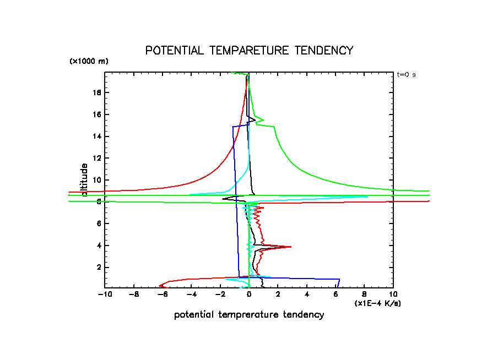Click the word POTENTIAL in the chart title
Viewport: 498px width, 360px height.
point(169,51)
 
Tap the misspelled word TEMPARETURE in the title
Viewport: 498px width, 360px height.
point(243,51)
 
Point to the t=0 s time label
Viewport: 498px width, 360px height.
point(406,74)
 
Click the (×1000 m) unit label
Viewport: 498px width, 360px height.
point(89,61)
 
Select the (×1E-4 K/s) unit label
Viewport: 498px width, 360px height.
point(377,303)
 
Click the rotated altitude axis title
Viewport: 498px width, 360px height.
point(84,179)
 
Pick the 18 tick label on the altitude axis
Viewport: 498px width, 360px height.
point(97,92)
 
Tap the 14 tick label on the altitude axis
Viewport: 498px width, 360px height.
point(97,136)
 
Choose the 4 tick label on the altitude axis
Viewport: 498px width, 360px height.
point(99,245)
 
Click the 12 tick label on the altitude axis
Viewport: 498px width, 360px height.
point(97,158)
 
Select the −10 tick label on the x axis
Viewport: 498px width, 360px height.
point(105,294)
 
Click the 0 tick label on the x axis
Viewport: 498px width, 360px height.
point(249,294)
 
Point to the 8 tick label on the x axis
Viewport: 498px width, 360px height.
point(364,294)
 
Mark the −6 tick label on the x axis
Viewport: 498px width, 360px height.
point(163,294)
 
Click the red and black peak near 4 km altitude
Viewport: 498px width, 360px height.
point(289,247)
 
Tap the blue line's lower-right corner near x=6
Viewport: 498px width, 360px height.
point(339,279)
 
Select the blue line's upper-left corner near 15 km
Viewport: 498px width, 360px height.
point(233,127)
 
